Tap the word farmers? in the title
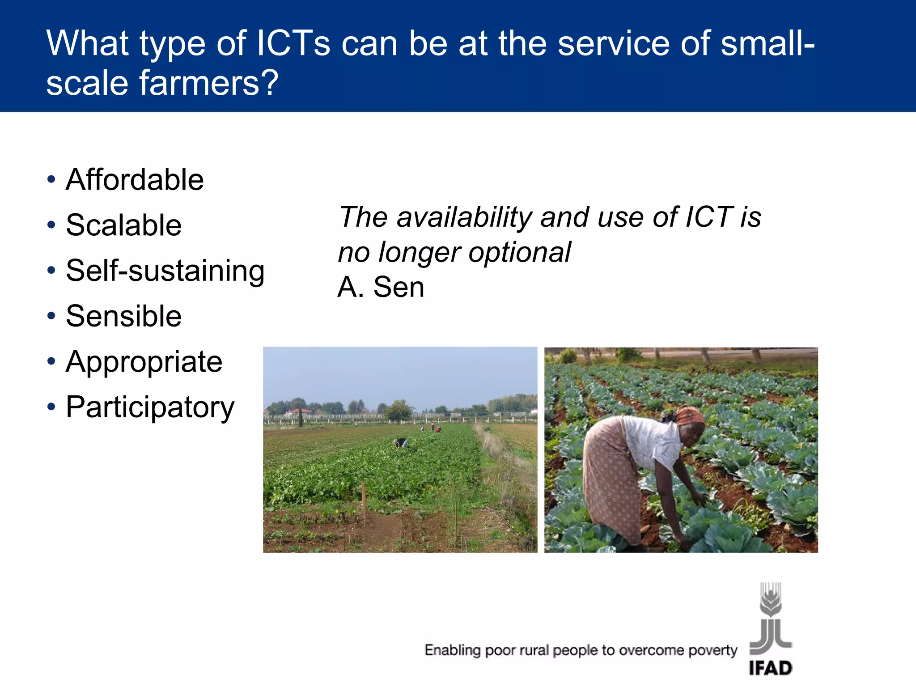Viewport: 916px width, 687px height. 209,83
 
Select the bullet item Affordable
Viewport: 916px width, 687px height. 135,180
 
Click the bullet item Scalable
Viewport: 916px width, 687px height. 123,225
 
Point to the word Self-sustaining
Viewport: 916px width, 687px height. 165,271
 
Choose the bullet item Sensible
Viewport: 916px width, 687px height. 123,316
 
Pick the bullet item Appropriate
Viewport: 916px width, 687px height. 144,361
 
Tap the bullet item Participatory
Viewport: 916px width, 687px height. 150,407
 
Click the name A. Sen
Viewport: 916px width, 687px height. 381,287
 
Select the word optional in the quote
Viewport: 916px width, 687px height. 519,252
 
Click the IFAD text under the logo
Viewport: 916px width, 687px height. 770,668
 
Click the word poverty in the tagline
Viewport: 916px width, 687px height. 712,650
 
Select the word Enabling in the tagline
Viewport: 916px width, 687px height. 452,650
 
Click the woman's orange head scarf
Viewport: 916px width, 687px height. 689,415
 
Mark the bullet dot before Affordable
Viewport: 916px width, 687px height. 51,180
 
